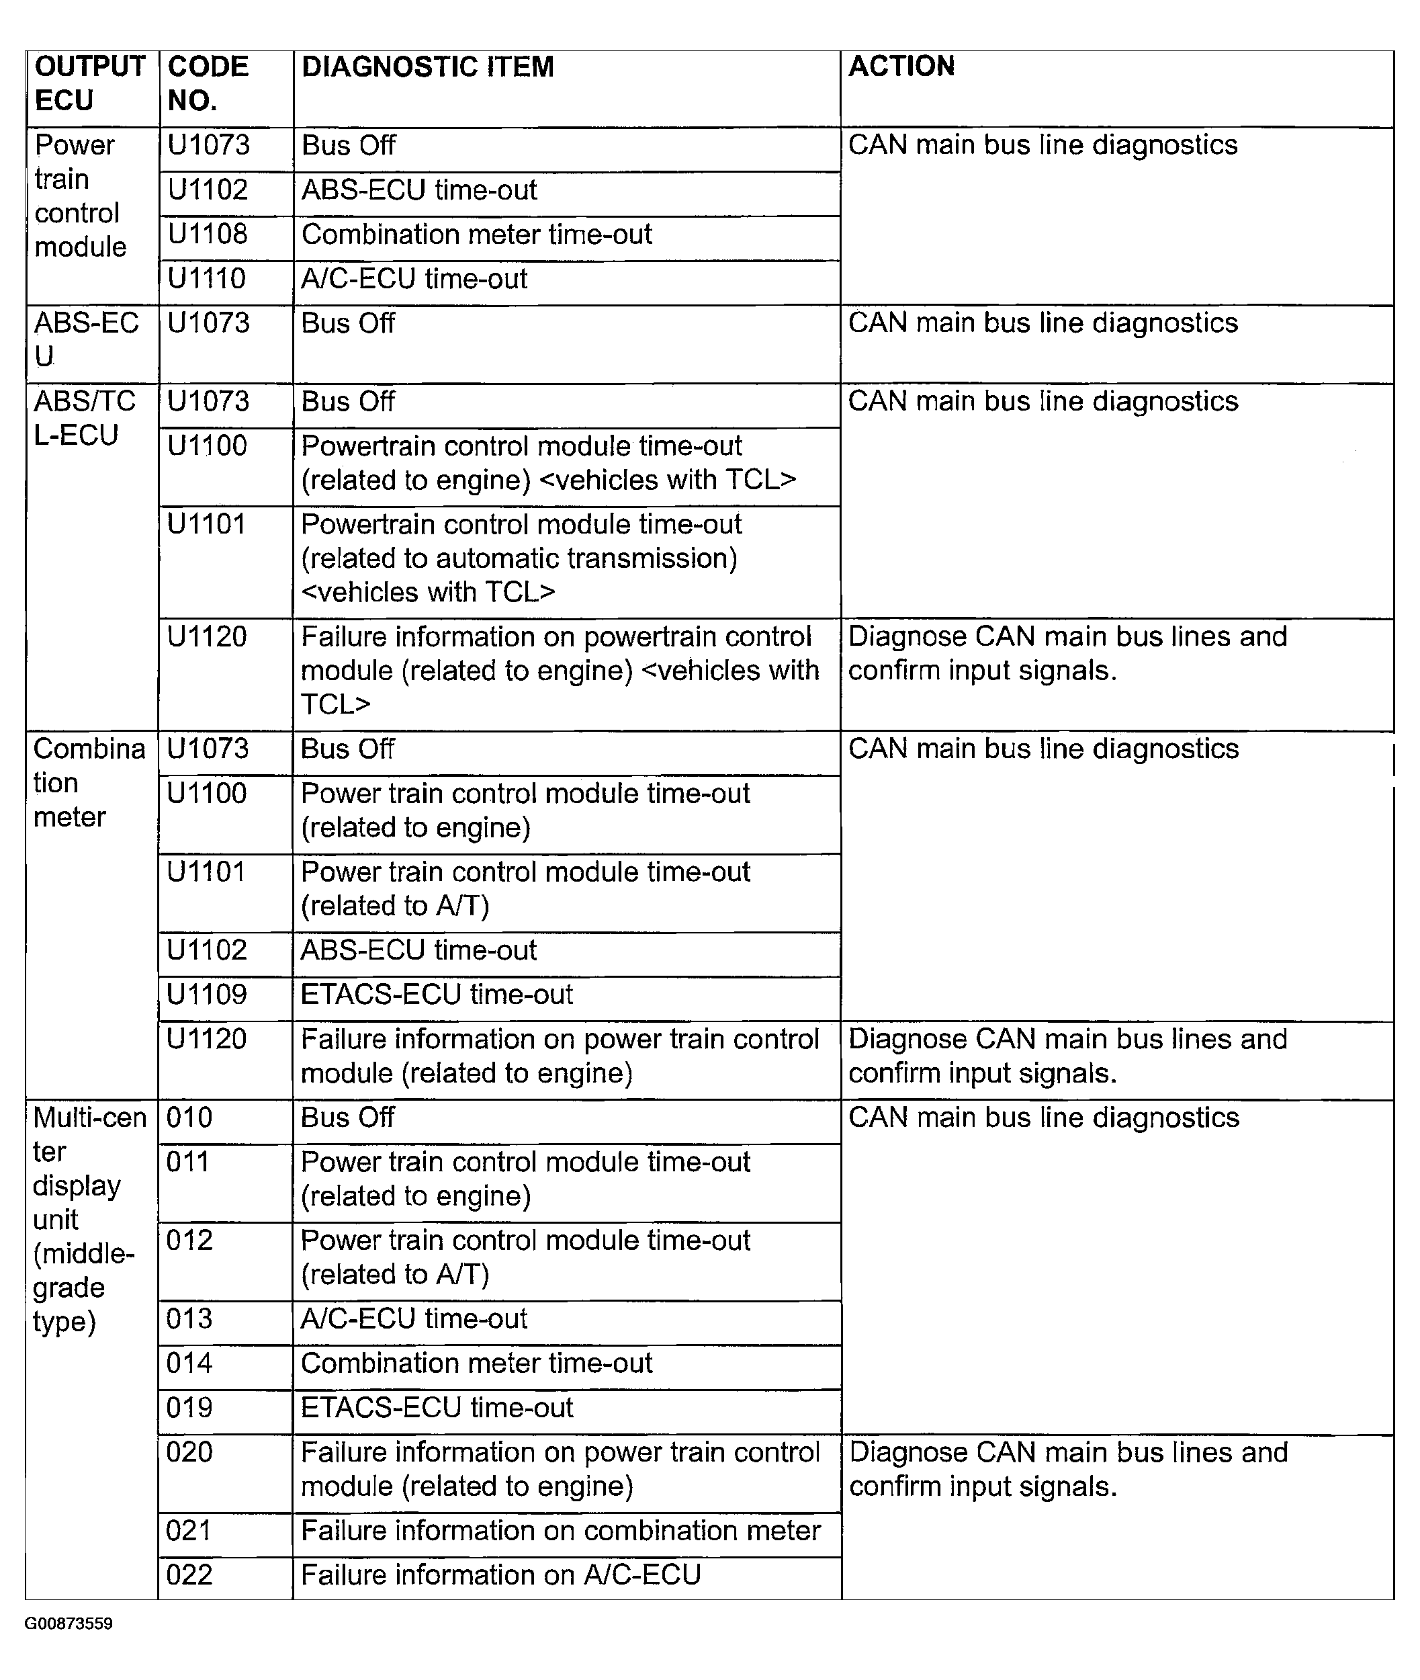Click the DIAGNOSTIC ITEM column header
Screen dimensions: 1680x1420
click(x=427, y=67)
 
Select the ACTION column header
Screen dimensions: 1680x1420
click(x=901, y=66)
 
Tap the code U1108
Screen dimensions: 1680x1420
click(x=208, y=235)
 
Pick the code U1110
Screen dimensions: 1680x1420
click(x=206, y=279)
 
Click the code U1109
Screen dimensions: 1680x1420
click(x=206, y=995)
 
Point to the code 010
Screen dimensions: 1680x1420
click(x=189, y=1118)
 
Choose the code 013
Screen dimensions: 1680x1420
click(x=189, y=1319)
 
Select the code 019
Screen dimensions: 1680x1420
click(x=189, y=1408)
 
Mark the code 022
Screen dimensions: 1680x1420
click(x=189, y=1574)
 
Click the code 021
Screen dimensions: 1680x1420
click(x=189, y=1530)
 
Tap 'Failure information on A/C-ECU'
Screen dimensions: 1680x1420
click(x=500, y=1574)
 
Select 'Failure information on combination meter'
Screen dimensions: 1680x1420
click(x=560, y=1530)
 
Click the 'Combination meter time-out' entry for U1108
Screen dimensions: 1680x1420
click(x=476, y=235)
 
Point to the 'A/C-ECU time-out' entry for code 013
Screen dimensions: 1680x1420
click(x=414, y=1319)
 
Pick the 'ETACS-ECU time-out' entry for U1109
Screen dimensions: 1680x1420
click(x=437, y=995)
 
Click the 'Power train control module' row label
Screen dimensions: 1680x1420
click(x=80, y=196)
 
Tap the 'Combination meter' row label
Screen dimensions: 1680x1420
click(x=89, y=783)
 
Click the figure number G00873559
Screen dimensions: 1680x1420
click(x=69, y=1624)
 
